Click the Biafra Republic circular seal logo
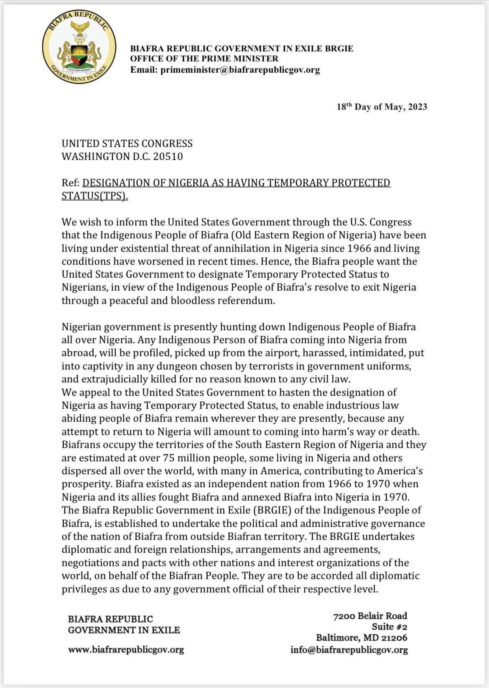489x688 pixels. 79,48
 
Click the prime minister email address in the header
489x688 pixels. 240,70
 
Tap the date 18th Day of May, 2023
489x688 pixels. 382,106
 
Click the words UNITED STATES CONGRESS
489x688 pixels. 127,144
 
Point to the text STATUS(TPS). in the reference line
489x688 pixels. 95,196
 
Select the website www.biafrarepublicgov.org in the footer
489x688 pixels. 126,650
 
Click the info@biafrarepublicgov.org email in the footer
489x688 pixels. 349,650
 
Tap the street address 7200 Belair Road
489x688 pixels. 370,616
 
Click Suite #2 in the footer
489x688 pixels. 389,627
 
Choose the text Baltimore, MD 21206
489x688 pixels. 361,638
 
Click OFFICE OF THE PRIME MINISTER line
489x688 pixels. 204,59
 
